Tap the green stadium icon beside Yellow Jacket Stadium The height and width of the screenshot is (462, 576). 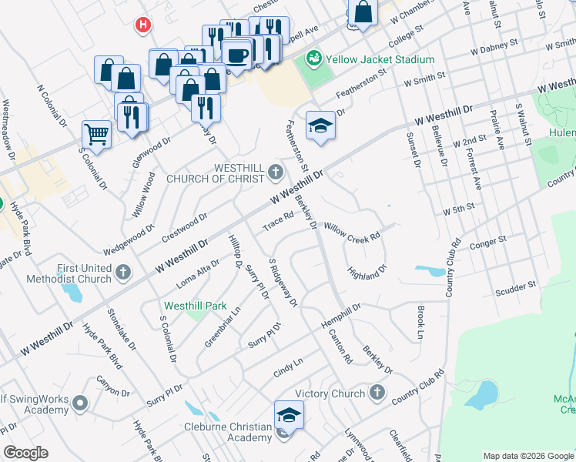point(313,58)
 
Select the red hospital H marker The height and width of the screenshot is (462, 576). point(142,25)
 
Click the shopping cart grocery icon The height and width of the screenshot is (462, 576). point(97,135)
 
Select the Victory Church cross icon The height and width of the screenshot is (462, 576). point(377,393)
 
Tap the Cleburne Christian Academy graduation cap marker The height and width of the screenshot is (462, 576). point(289,415)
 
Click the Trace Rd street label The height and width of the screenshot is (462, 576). point(279,222)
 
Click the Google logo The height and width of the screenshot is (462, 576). point(25,453)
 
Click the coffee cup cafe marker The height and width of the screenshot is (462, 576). point(237,55)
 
